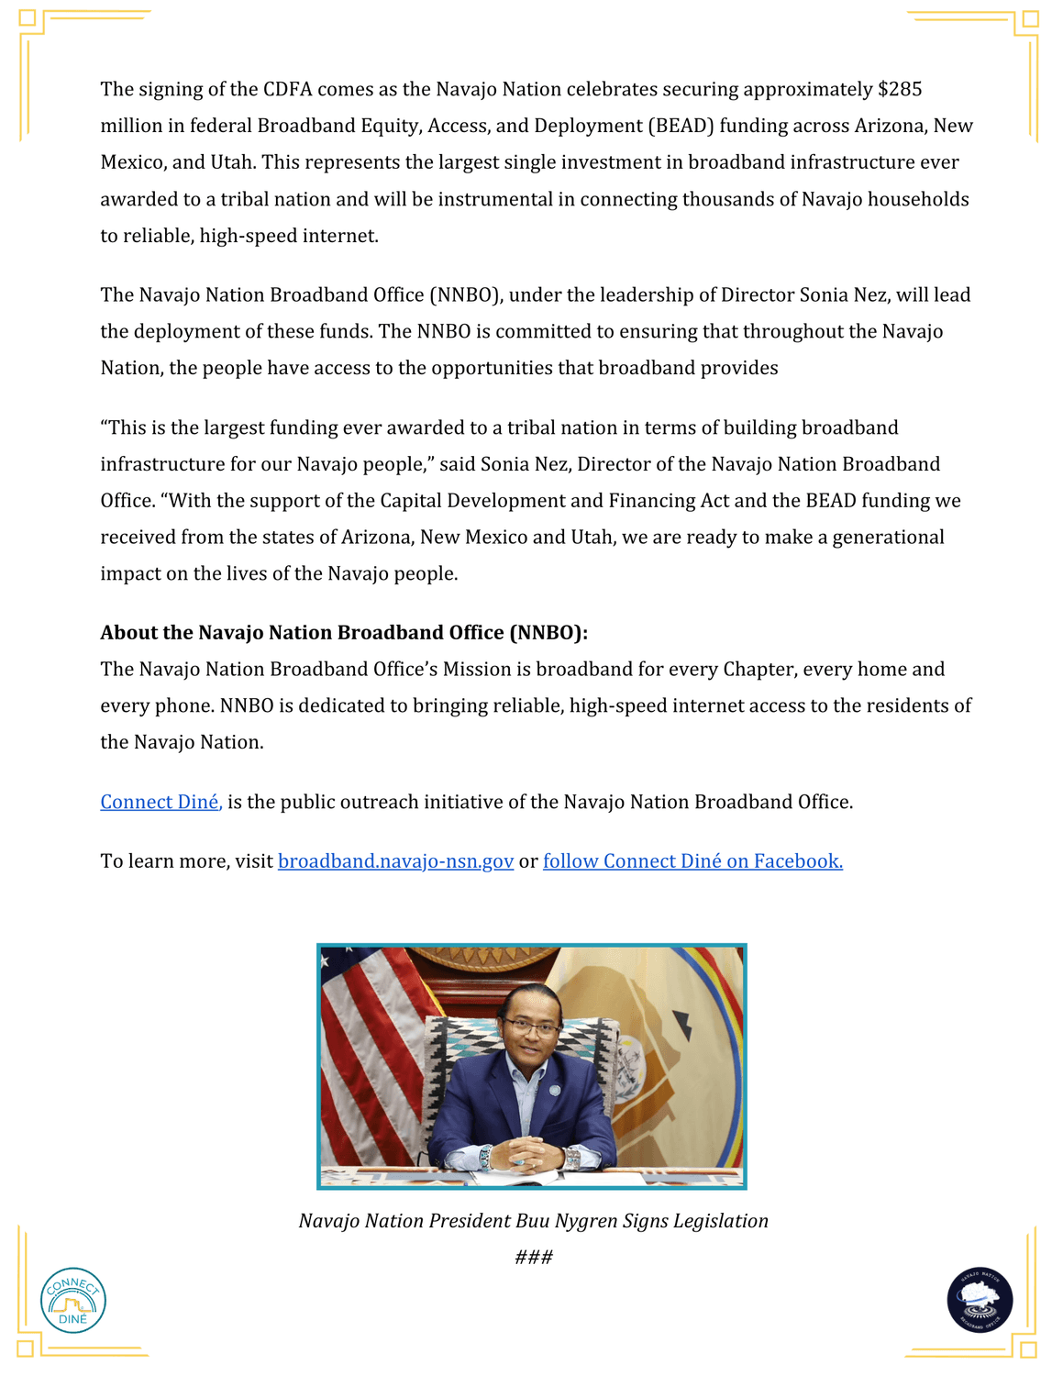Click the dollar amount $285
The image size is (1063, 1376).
coord(899,90)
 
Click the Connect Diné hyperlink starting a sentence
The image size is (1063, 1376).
coord(161,803)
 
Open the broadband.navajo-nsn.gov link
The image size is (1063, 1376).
coord(395,861)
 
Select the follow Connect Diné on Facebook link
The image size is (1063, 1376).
coord(692,861)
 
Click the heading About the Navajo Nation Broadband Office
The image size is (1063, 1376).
coord(344,633)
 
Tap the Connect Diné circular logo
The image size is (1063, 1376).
coord(73,1300)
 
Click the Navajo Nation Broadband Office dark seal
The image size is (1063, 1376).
coord(980,1300)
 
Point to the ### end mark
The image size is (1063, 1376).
coord(533,1258)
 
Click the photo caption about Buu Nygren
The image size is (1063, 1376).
coord(533,1221)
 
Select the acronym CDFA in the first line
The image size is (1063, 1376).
coord(287,90)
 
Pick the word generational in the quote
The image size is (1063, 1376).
coord(888,538)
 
